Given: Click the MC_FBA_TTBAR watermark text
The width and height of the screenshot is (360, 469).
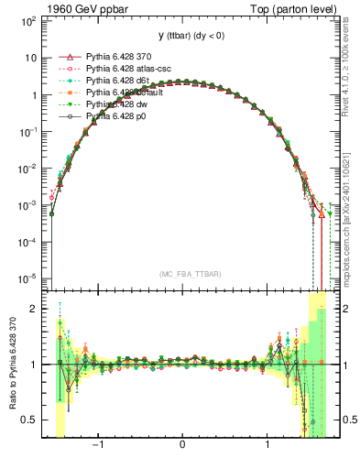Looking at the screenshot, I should point(184,275).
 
